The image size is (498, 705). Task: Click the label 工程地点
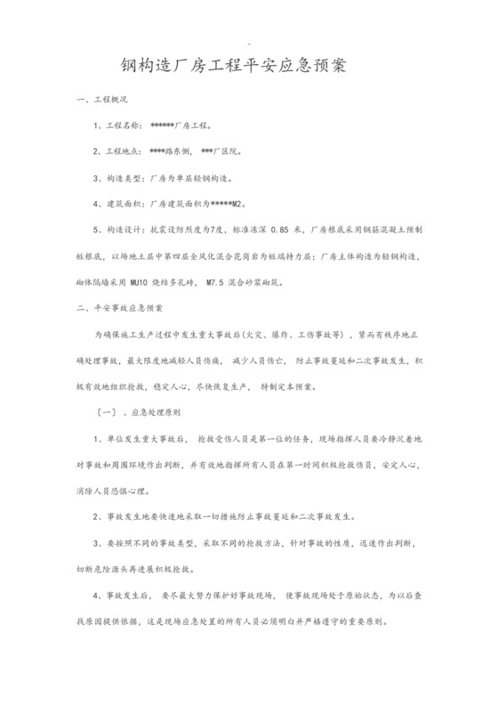(x=124, y=151)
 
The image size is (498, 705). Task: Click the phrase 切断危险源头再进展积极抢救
(x=140, y=568)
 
